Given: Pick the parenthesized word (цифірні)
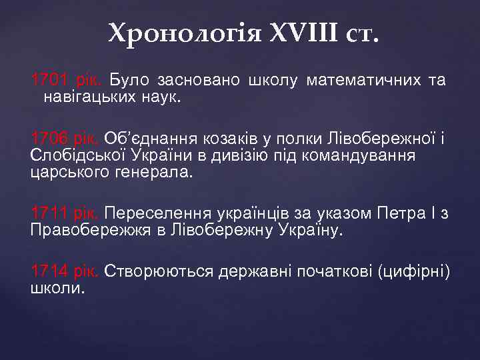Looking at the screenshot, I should pos(414,273).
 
